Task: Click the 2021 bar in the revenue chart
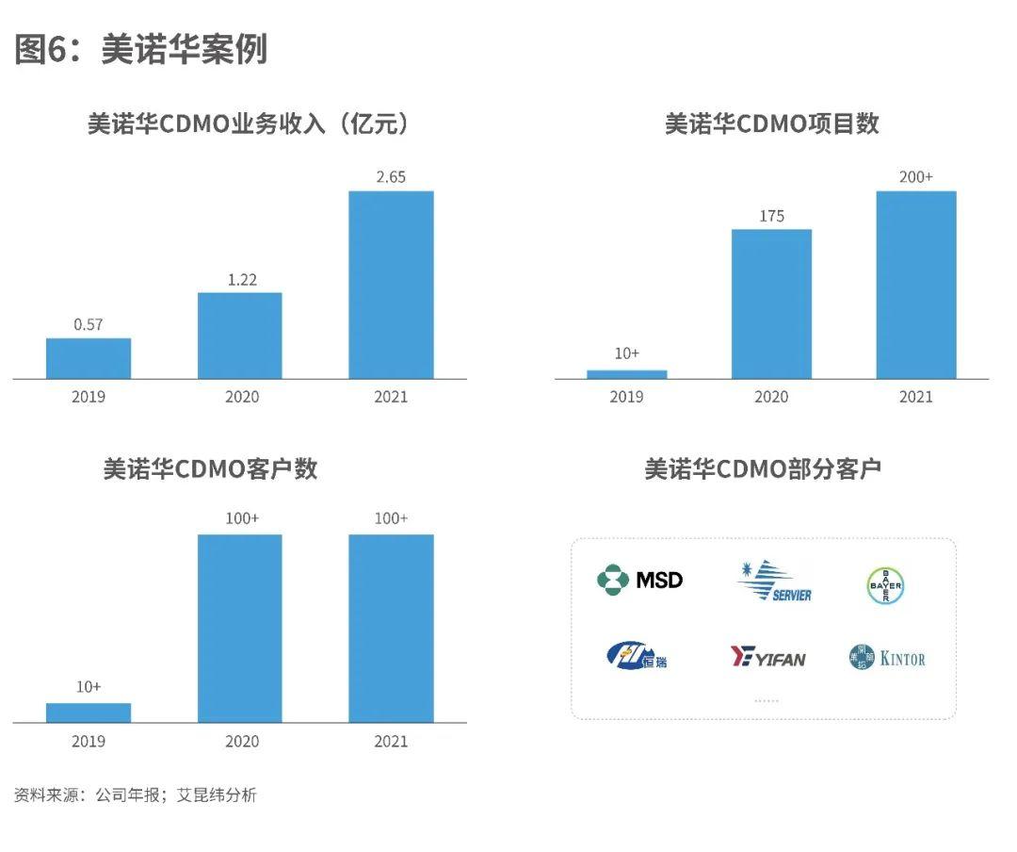click(391, 285)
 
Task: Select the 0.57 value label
click(89, 324)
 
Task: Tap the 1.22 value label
click(240, 279)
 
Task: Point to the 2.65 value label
click(391, 177)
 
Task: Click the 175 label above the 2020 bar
click(771, 216)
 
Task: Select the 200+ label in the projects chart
click(915, 177)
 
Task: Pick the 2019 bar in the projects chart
click(626, 374)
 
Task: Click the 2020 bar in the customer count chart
click(240, 628)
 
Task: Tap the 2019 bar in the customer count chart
click(89, 713)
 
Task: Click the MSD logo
click(640, 579)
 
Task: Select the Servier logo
click(774, 581)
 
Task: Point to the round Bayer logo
click(885, 585)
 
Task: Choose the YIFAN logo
click(768, 657)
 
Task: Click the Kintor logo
click(887, 658)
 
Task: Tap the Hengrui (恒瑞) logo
click(638, 655)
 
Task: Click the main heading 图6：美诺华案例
click(141, 49)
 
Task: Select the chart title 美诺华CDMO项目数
click(771, 123)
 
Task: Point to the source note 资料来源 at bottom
click(135, 795)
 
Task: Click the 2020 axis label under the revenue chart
click(241, 396)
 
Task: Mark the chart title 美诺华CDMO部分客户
click(763, 468)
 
